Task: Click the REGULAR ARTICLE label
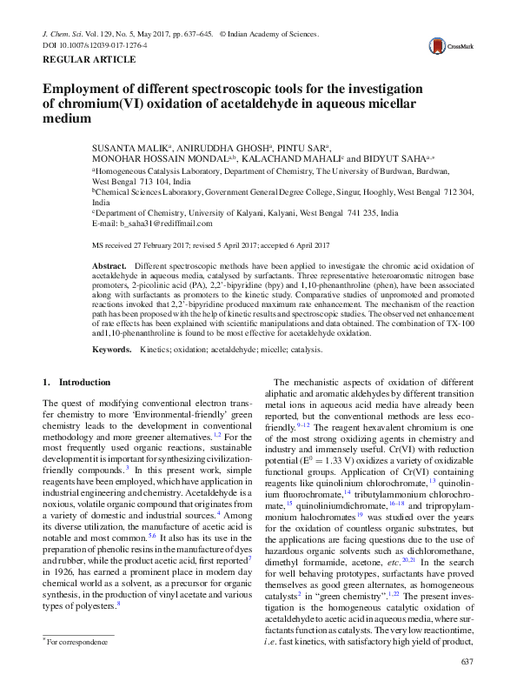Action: point(89,59)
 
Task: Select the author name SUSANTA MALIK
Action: point(130,149)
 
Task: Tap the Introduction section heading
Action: point(76,382)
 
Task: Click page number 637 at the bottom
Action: point(465,664)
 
